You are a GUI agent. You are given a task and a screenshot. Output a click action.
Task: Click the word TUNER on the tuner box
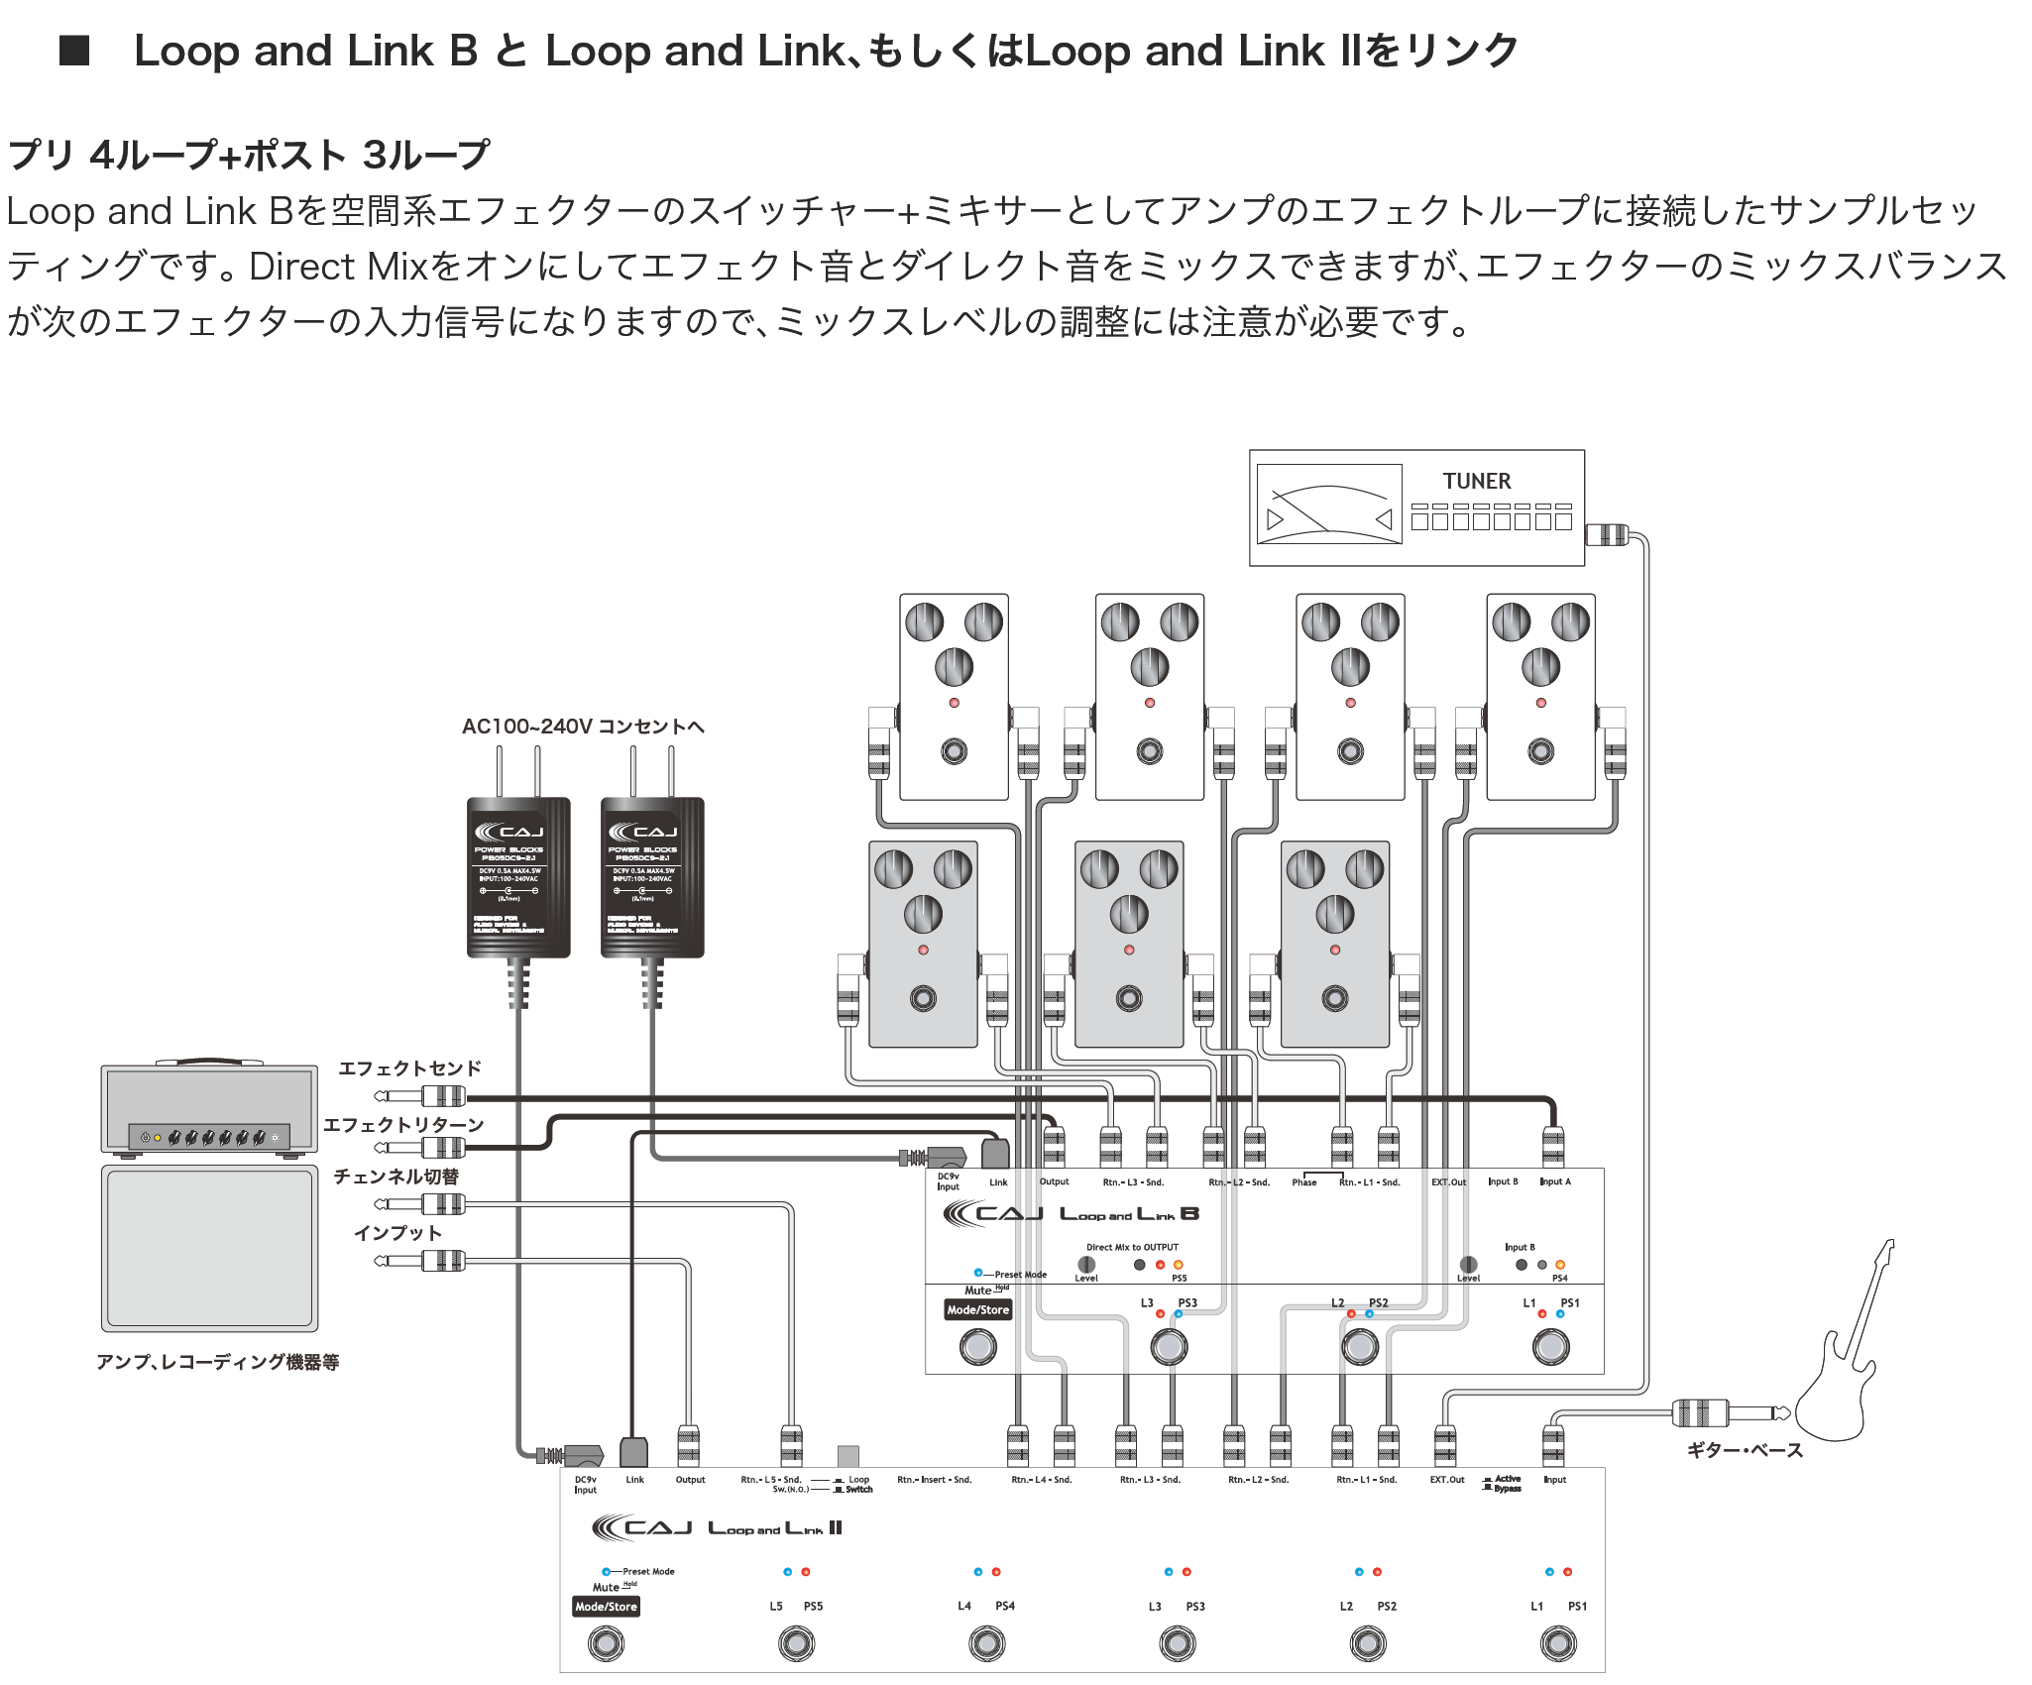(x=1476, y=481)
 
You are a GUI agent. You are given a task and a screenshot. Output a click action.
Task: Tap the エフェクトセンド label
(x=409, y=1068)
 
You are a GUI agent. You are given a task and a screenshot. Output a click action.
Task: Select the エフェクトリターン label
(x=403, y=1125)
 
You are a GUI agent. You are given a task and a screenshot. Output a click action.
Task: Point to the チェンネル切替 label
(x=395, y=1177)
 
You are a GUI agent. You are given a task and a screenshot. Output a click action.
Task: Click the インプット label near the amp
(x=397, y=1233)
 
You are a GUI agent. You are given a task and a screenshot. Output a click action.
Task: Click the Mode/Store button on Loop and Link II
(x=606, y=1607)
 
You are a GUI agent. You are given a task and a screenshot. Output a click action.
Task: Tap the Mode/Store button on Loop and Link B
(x=977, y=1310)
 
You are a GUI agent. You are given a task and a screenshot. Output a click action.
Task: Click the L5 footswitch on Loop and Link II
(x=796, y=1643)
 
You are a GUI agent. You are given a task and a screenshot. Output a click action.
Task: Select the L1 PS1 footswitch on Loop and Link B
(x=1550, y=1347)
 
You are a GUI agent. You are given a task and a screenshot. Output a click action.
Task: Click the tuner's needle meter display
(x=1329, y=505)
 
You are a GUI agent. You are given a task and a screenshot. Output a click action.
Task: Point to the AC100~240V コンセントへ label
(x=583, y=727)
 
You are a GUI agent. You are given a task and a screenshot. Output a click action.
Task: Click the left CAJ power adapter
(x=518, y=877)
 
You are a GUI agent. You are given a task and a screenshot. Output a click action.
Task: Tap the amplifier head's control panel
(x=209, y=1137)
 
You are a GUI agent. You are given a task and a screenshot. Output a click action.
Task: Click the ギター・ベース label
(x=1745, y=1450)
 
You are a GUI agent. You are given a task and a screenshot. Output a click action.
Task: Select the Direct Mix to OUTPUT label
(x=1132, y=1247)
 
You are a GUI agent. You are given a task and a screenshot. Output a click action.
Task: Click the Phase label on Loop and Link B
(x=1304, y=1182)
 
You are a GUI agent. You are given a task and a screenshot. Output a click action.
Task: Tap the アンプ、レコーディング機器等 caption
(x=217, y=1362)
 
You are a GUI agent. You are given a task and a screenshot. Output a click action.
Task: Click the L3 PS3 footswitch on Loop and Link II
(x=1177, y=1643)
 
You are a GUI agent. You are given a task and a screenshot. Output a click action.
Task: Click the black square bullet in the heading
(x=74, y=51)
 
